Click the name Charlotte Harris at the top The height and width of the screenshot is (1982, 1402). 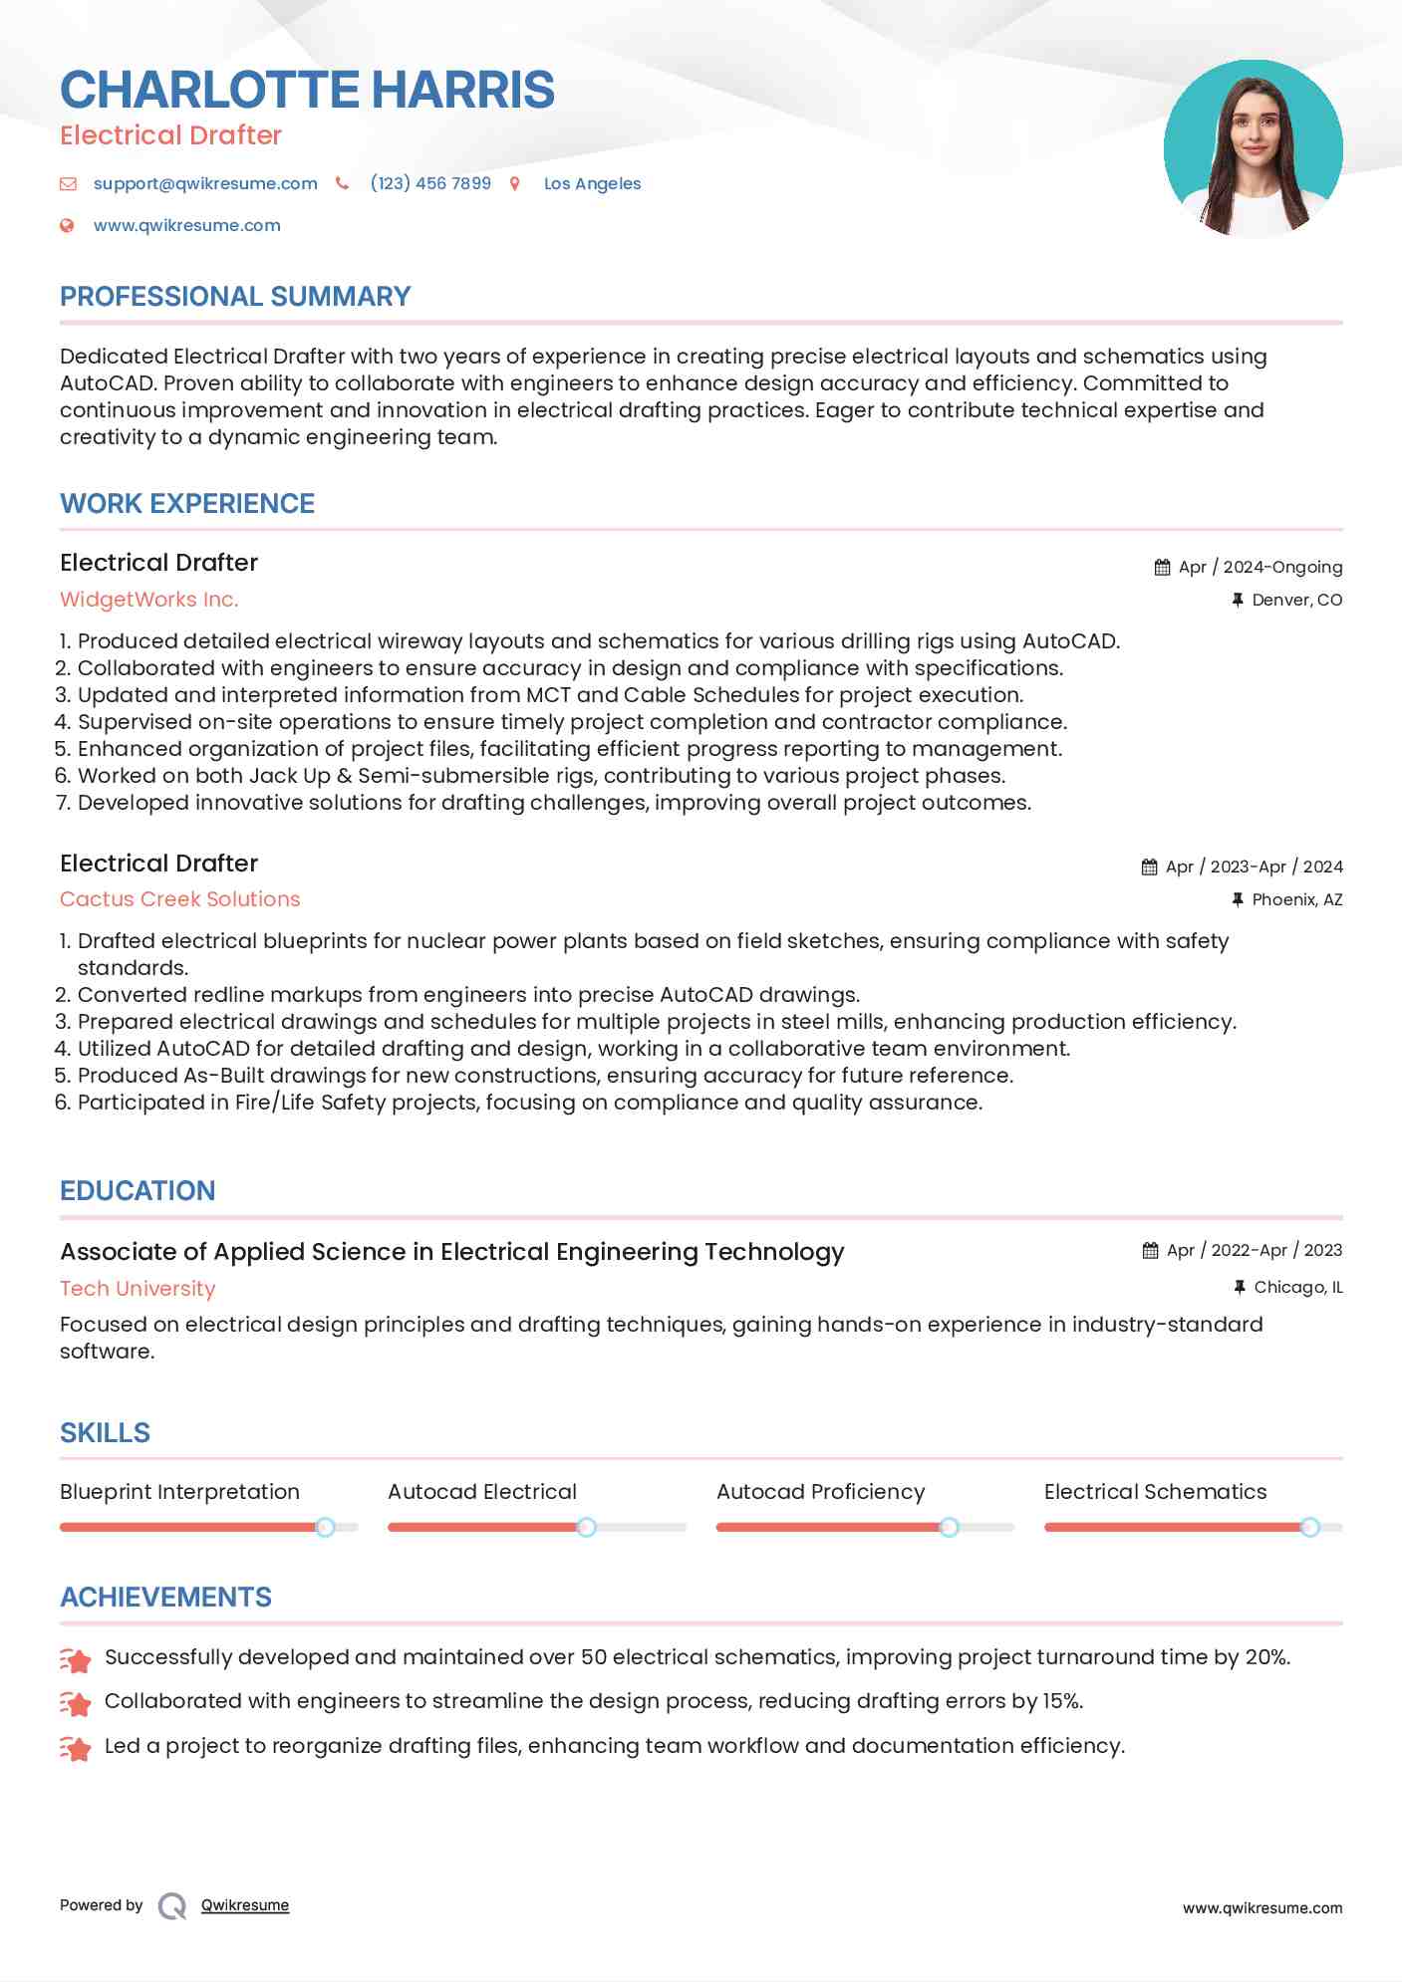[x=307, y=90]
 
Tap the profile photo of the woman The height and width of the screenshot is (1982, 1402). [x=1253, y=149]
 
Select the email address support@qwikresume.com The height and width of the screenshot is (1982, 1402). [x=205, y=183]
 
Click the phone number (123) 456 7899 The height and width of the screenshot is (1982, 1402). [x=430, y=183]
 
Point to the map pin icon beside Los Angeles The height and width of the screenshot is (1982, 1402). [x=515, y=183]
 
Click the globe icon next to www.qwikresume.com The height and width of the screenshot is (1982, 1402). [x=67, y=226]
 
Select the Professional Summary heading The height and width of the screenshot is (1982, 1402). [x=235, y=297]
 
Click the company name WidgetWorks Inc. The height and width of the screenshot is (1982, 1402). [x=149, y=600]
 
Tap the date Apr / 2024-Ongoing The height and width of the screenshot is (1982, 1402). [x=1260, y=567]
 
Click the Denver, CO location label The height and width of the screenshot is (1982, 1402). [x=1296, y=600]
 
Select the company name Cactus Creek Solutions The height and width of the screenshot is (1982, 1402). [x=179, y=899]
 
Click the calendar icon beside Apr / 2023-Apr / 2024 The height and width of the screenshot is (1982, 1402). [x=1149, y=867]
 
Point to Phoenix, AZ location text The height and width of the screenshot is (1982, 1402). [x=1296, y=899]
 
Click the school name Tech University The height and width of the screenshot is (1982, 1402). [x=138, y=1289]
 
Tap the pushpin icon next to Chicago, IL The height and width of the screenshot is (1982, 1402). [x=1240, y=1287]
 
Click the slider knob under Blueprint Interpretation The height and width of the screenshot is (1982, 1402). [x=325, y=1527]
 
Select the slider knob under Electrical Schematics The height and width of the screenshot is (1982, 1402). [x=1309, y=1527]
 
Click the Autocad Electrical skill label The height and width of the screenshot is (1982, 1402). [x=482, y=1492]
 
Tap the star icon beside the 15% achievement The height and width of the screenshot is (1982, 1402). [x=76, y=1703]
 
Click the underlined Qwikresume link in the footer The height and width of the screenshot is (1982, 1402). [x=245, y=1905]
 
